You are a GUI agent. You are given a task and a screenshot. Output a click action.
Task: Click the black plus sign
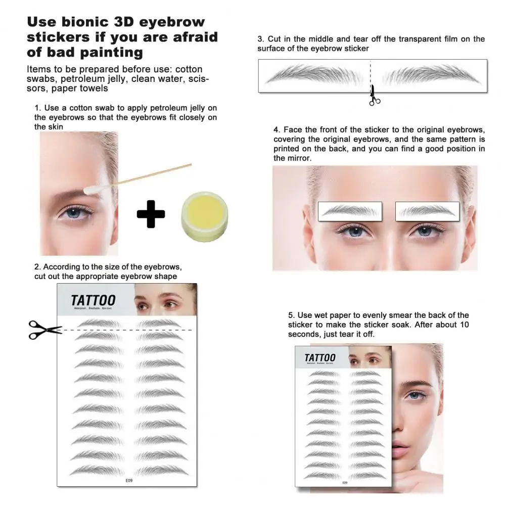(x=151, y=214)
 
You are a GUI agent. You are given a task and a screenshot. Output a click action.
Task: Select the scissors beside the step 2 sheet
(x=44, y=330)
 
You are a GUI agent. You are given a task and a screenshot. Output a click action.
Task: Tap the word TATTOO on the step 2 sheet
(x=93, y=300)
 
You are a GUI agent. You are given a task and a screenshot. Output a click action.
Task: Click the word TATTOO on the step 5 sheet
(x=319, y=358)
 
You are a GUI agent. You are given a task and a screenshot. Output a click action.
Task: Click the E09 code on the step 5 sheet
(x=345, y=482)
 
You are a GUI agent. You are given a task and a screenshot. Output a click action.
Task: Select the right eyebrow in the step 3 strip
(x=431, y=75)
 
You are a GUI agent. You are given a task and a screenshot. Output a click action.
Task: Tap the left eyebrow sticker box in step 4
(x=350, y=211)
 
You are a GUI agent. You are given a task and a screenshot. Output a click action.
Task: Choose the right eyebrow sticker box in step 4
(x=427, y=211)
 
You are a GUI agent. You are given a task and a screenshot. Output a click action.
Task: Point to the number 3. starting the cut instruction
(x=260, y=39)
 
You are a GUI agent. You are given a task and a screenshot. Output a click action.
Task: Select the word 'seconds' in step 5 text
(x=305, y=334)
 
